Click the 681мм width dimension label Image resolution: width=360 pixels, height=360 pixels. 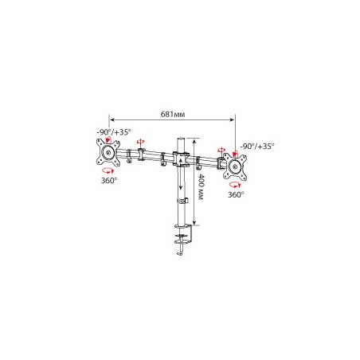click(173, 114)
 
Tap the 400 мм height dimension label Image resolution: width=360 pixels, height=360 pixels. click(202, 187)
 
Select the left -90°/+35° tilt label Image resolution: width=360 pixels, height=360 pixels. click(114, 132)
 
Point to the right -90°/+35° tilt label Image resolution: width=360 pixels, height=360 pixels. click(257, 146)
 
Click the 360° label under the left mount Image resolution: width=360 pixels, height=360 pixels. click(109, 180)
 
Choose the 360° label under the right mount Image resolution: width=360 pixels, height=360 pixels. click(236, 194)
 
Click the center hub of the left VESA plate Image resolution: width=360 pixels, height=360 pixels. click(108, 153)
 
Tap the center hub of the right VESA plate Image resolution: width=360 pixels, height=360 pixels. click(235, 167)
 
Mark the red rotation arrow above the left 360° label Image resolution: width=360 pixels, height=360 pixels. click(108, 170)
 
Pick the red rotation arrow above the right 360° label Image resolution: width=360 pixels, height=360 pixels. click(235, 185)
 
